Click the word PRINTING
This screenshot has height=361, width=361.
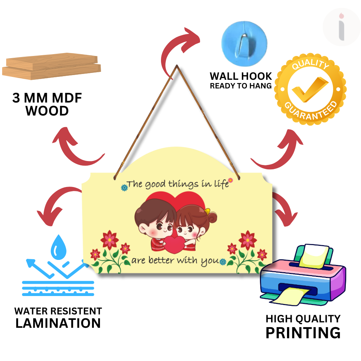pyautogui.click(x=303, y=332)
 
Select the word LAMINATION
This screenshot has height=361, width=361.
pyautogui.click(x=58, y=323)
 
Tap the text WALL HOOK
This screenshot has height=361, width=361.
pyautogui.click(x=241, y=76)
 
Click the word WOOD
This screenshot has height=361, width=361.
pyautogui.click(x=47, y=111)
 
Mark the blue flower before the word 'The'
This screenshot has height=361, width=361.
pyautogui.click(x=124, y=187)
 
